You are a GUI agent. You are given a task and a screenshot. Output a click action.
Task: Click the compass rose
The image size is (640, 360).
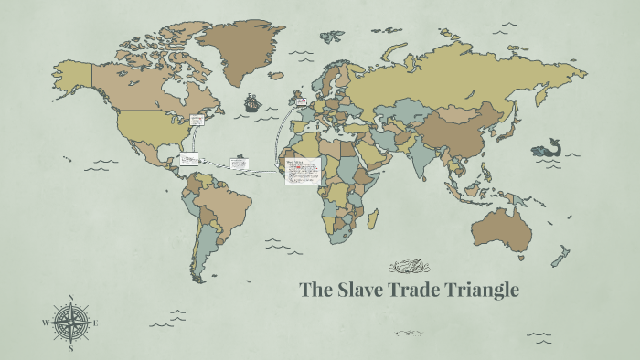(70, 323)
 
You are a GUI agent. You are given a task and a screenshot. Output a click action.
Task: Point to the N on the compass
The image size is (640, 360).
(70, 297)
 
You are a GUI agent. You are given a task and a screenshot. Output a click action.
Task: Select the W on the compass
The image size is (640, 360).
(45, 323)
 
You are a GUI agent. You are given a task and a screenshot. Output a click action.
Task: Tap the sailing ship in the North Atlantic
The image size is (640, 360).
(252, 101)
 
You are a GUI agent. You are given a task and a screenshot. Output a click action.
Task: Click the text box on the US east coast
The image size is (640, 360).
(197, 120)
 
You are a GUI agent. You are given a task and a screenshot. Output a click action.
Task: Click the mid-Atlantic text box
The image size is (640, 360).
(239, 163)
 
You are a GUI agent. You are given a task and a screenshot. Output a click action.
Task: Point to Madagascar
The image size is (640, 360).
(373, 219)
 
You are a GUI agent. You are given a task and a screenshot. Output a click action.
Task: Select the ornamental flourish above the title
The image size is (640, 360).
(409, 267)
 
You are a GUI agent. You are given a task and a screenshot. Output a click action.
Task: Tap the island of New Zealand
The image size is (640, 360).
(560, 256)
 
